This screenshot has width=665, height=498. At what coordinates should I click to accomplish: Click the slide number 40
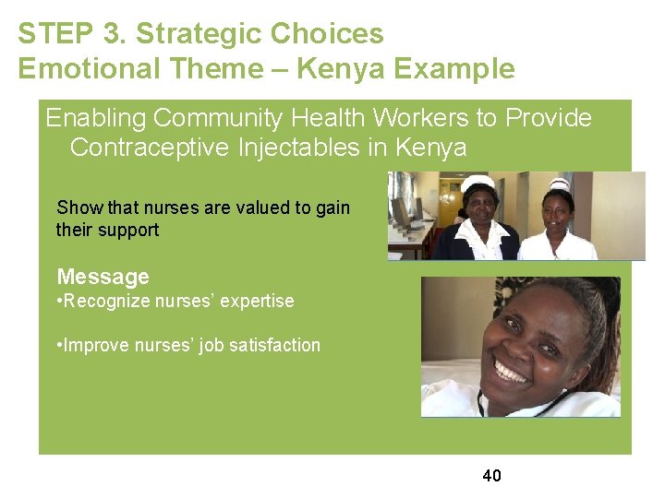[x=491, y=476]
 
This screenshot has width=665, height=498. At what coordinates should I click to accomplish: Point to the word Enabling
[x=97, y=118]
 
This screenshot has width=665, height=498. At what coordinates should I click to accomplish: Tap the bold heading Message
[x=103, y=277]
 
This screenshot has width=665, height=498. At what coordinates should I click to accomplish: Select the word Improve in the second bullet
[x=97, y=345]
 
